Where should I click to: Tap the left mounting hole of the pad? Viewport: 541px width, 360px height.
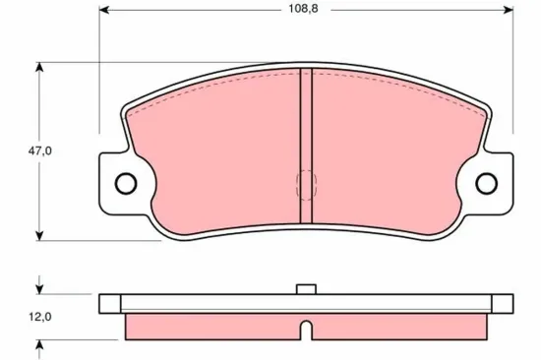tap(125, 183)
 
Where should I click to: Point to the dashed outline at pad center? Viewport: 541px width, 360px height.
tap(306, 184)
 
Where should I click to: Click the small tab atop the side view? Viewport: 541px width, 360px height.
tap(306, 289)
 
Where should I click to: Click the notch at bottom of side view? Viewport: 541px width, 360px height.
tap(306, 328)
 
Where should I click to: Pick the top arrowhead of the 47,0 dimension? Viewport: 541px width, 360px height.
tap(38, 66)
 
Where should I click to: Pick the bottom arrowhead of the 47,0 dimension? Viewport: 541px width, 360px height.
tap(38, 234)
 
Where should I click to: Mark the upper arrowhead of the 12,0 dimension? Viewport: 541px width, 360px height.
tap(38, 290)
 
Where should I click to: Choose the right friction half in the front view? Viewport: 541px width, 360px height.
tap(393, 157)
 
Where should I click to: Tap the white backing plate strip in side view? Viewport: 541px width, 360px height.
tap(197, 303)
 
